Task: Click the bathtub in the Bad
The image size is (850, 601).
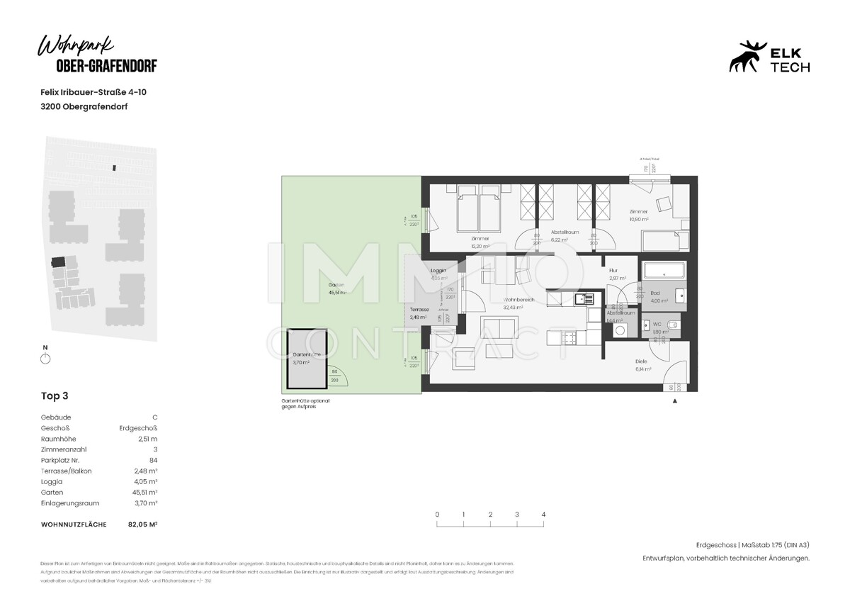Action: (x=664, y=271)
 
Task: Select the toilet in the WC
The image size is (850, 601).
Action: (x=672, y=325)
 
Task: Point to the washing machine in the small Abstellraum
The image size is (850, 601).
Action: (x=620, y=330)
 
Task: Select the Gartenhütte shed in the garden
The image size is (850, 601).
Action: (x=307, y=361)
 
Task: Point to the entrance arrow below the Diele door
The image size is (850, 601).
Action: (x=674, y=401)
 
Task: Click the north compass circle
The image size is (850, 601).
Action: (x=46, y=359)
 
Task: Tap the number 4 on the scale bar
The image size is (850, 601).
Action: (x=543, y=515)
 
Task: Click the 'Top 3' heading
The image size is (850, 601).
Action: (x=55, y=396)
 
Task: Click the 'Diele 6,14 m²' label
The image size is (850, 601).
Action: (x=643, y=365)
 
